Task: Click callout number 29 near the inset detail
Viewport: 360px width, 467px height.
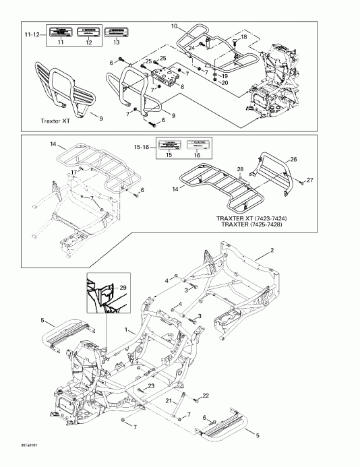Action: pos(123,288)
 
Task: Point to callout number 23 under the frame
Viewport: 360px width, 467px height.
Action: pos(151,385)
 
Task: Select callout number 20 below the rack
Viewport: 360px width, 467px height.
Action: pos(224,82)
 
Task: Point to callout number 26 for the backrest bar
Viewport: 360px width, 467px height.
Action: pos(293,159)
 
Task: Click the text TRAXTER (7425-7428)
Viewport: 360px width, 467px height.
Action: pos(253,224)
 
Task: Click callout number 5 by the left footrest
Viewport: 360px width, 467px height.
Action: pos(42,319)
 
